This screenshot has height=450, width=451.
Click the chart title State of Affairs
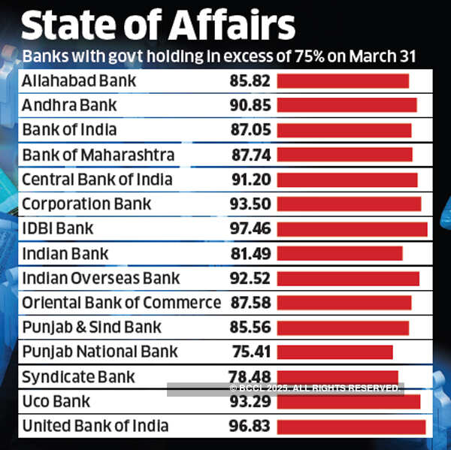pyautogui.click(x=157, y=26)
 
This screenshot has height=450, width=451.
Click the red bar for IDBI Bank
pyautogui.click(x=352, y=229)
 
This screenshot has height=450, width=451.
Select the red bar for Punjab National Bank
pyautogui.click(x=334, y=352)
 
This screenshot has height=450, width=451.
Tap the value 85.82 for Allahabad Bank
pyautogui.click(x=250, y=80)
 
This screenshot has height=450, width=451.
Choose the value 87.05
pyautogui.click(x=250, y=130)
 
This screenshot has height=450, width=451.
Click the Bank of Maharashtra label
pyautogui.click(x=98, y=155)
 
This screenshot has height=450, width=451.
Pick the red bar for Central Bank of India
pyautogui.click(x=347, y=180)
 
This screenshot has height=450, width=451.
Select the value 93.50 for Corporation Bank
pyautogui.click(x=250, y=204)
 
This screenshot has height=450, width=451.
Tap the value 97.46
pyautogui.click(x=250, y=229)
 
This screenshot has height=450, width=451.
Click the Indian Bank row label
pyautogui.click(x=65, y=254)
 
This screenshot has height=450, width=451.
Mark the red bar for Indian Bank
pyautogui.click(x=340, y=254)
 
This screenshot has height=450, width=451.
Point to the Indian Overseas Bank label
pyautogui.click(x=101, y=279)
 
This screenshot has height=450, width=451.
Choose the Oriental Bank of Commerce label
pyautogui.click(x=121, y=303)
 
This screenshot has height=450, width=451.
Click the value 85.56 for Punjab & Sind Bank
pyautogui.click(x=250, y=328)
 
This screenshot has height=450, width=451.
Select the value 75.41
pyautogui.click(x=250, y=352)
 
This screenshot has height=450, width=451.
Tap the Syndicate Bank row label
pyautogui.click(x=78, y=376)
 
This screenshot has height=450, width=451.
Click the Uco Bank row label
pyautogui.click(x=56, y=401)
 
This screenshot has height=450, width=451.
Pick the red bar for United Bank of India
pyautogui.click(x=351, y=427)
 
